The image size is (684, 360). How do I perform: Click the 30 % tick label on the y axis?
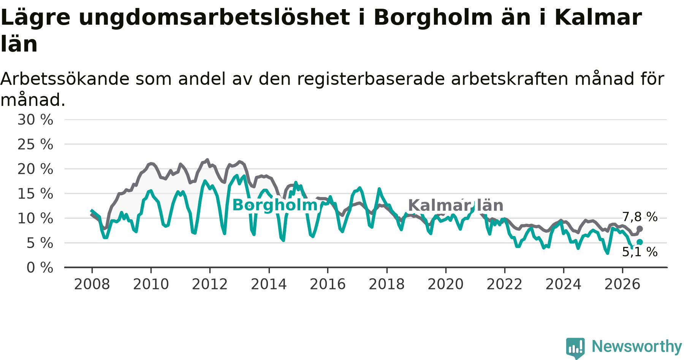click(35, 120)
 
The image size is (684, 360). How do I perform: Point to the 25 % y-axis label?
click(35, 144)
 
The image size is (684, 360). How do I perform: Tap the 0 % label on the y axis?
click(40, 268)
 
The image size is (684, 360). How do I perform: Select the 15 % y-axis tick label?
click(35, 194)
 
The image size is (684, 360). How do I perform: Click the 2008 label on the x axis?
click(92, 284)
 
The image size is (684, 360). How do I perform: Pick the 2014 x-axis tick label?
click(269, 284)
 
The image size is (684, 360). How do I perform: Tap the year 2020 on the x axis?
click(446, 284)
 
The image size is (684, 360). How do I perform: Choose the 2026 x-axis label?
click(622, 284)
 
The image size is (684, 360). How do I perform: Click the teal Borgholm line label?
click(275, 205)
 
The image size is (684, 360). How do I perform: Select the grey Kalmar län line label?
click(456, 205)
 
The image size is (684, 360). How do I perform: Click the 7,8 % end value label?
click(640, 217)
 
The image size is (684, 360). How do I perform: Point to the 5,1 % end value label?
click(640, 252)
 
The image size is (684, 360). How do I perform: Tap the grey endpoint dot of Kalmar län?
click(640, 229)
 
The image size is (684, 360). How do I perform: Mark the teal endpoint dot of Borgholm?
click(640, 242)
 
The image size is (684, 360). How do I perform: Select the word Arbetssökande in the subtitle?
click(65, 79)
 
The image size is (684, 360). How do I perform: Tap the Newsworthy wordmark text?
click(637, 346)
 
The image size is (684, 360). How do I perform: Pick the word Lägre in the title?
click(36, 18)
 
